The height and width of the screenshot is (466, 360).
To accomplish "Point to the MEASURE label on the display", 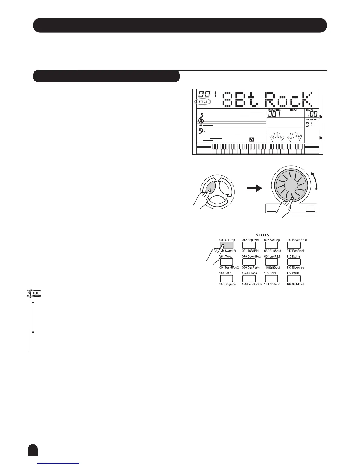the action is coord(274,110).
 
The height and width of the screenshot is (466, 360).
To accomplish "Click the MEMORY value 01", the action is coord(309,125).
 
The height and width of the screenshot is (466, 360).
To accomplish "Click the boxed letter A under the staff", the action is coord(252,139).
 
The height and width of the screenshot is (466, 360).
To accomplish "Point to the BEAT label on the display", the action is coord(294,110).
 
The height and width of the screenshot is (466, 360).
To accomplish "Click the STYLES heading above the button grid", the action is coord(262,235).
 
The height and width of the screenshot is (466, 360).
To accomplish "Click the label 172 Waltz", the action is coord(293,273).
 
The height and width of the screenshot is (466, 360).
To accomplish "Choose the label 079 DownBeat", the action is coord(251,257).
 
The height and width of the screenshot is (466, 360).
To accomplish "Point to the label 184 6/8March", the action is coord(296,284).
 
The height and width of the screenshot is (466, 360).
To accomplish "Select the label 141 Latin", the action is coord(225,273).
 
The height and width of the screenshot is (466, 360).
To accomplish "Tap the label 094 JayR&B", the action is coord(272,257).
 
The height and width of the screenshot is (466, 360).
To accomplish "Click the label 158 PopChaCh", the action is coord(252,284).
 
